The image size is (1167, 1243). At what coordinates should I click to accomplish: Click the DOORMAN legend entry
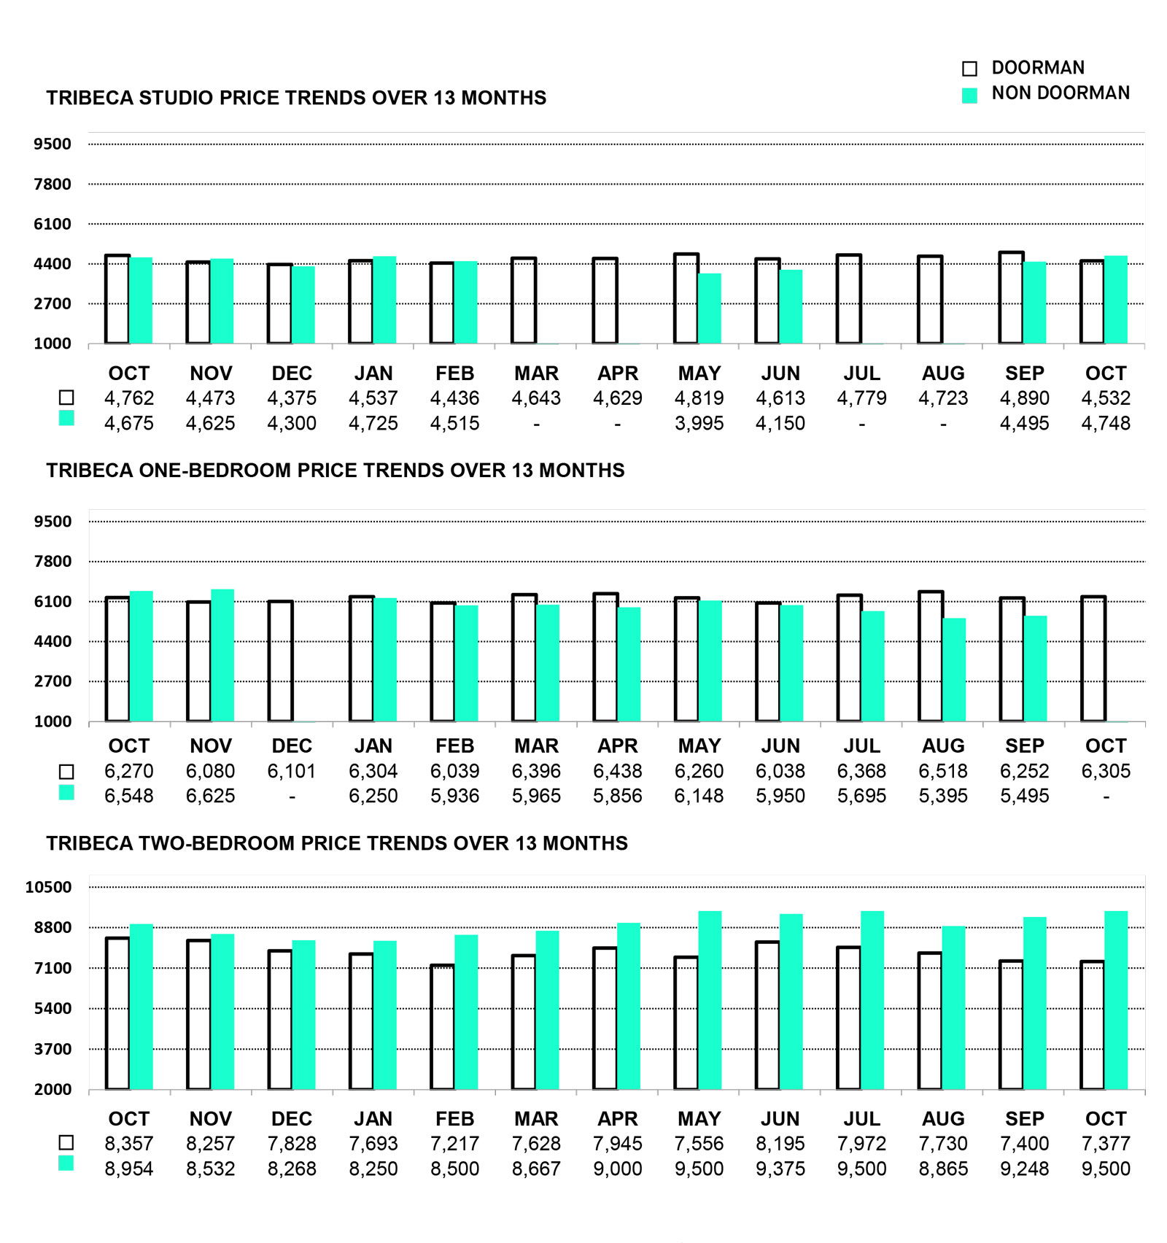(1036, 68)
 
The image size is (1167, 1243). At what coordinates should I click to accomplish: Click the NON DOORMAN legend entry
(1059, 93)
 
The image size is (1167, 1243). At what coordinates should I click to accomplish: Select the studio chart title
(296, 98)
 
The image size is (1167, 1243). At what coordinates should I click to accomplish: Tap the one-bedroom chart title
(336, 471)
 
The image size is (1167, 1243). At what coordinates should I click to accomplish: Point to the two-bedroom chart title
(337, 843)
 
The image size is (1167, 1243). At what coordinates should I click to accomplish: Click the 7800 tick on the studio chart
(53, 185)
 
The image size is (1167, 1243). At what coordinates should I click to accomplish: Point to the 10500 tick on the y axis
(49, 888)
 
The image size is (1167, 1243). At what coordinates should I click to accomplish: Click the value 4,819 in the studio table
(699, 398)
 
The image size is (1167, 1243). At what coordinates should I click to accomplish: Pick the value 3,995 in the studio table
(699, 423)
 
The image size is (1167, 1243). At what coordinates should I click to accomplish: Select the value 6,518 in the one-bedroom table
(943, 771)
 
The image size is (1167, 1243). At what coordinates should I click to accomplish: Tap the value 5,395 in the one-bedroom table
(943, 796)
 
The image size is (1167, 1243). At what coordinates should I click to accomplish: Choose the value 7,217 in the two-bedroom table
(454, 1144)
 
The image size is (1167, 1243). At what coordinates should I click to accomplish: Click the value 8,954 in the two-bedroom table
(129, 1169)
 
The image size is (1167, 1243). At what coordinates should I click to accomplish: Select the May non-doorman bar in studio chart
(710, 309)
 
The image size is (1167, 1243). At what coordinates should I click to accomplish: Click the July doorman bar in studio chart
(849, 299)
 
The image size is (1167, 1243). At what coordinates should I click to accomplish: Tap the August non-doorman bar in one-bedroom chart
(954, 670)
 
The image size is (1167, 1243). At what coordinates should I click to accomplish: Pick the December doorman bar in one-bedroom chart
(281, 661)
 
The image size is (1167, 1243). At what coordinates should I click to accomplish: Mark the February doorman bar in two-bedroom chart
(442, 1027)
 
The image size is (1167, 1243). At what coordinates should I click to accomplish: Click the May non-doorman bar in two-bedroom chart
(710, 1000)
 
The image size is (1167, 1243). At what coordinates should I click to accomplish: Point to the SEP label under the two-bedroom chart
(1024, 1119)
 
